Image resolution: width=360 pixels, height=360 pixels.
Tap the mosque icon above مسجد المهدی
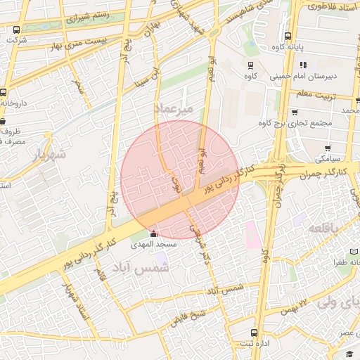point(154,233)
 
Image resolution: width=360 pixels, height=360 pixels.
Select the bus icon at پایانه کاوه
point(288,37)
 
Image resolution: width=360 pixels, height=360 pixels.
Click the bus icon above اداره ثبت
point(254,333)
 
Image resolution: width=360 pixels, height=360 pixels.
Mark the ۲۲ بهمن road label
point(294,302)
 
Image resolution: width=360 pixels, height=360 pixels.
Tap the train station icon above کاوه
point(250,64)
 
